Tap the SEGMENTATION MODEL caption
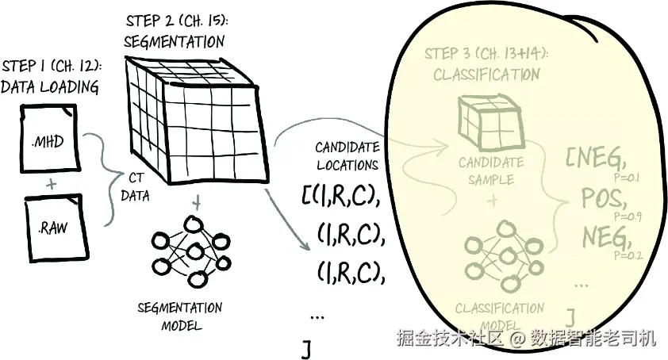pos(180,316)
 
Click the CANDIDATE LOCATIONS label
pos(347,156)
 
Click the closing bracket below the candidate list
pos(305,349)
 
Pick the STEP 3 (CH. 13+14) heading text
pos(486,54)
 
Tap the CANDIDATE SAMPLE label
pos(491,170)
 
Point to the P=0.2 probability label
pos(627,255)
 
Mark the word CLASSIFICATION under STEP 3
pos(486,75)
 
